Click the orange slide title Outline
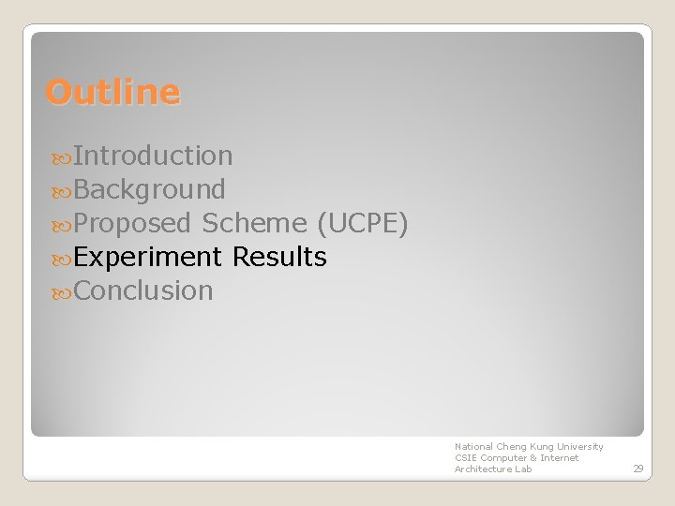pyautogui.click(x=112, y=92)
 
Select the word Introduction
pyautogui.click(x=153, y=156)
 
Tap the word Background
pyautogui.click(x=149, y=189)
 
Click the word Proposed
pyautogui.click(x=132, y=223)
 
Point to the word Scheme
pyautogui.click(x=254, y=223)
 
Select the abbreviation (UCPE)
pyautogui.click(x=362, y=223)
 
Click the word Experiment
pyautogui.click(x=147, y=257)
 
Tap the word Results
pyautogui.click(x=279, y=257)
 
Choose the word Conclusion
pyautogui.click(x=143, y=290)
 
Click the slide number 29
pyautogui.click(x=637, y=469)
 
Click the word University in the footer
pyautogui.click(x=580, y=447)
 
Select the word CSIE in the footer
pyautogui.click(x=466, y=458)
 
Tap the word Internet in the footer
pyautogui.click(x=560, y=458)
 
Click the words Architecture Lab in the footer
pyautogui.click(x=493, y=469)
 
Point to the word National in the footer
pyautogui.click(x=473, y=447)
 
